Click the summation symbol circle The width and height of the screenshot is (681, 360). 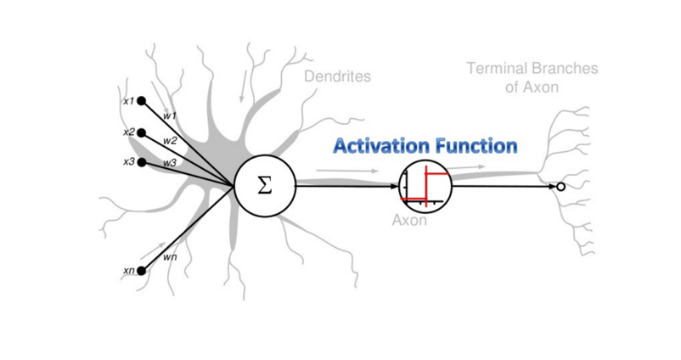tap(265, 186)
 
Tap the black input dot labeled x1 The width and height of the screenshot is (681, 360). tap(141, 102)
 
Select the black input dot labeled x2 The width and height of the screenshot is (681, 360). tap(141, 132)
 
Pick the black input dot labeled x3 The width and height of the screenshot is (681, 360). tap(141, 161)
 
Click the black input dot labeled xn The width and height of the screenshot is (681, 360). tap(141, 271)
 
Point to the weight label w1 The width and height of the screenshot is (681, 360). tap(170, 115)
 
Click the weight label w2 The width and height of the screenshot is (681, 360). tap(170, 140)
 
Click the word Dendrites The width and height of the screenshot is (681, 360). tap(338, 76)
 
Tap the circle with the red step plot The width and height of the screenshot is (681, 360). tap(425, 186)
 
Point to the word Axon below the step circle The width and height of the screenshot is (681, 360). tap(409, 221)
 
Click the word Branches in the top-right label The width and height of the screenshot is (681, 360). tap(564, 69)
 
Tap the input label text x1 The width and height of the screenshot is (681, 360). tap(128, 102)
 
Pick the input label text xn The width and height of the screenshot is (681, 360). tap(128, 271)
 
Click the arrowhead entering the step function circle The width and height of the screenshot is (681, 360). tap(394, 186)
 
